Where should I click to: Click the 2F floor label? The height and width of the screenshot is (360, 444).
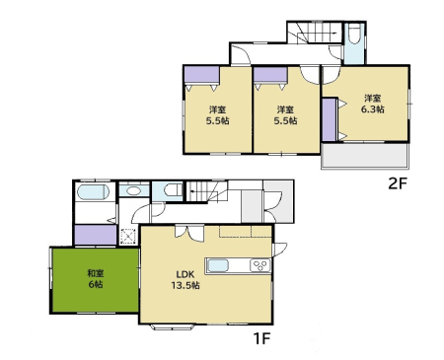pyautogui.click(x=398, y=184)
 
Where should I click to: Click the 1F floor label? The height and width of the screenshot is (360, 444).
pyautogui.click(x=261, y=338)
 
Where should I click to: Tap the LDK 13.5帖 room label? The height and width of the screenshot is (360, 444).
pyautogui.click(x=185, y=280)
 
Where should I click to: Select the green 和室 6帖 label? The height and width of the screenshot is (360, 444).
pyautogui.click(x=96, y=279)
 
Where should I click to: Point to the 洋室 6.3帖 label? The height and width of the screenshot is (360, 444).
pyautogui.click(x=373, y=104)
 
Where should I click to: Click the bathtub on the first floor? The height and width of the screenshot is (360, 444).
pyautogui.click(x=93, y=192)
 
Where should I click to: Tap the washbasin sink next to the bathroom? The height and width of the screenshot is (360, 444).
pyautogui.click(x=133, y=190)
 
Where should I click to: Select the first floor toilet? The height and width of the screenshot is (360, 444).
pyautogui.click(x=173, y=190)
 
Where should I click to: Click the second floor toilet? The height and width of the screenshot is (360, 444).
pyautogui.click(x=353, y=34)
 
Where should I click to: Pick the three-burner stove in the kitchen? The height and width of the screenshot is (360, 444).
pyautogui.click(x=260, y=265)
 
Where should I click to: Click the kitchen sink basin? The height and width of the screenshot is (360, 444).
pyautogui.click(x=218, y=265)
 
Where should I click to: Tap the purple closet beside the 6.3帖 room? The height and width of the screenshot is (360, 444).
pyautogui.click(x=329, y=119)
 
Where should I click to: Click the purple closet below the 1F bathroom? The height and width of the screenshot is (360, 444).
pyautogui.click(x=96, y=235)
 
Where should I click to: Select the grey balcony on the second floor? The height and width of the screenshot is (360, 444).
pyautogui.click(x=365, y=156)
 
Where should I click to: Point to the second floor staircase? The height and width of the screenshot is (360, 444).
pyautogui.click(x=315, y=33)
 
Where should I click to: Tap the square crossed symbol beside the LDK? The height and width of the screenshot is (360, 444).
pyautogui.click(x=128, y=236)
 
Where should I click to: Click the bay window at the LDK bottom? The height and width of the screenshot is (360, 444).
pyautogui.click(x=173, y=327)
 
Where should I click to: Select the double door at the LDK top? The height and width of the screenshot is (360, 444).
pyautogui.click(x=188, y=233)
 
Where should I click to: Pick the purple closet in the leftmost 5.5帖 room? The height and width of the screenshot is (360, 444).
pyautogui.click(x=201, y=75)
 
